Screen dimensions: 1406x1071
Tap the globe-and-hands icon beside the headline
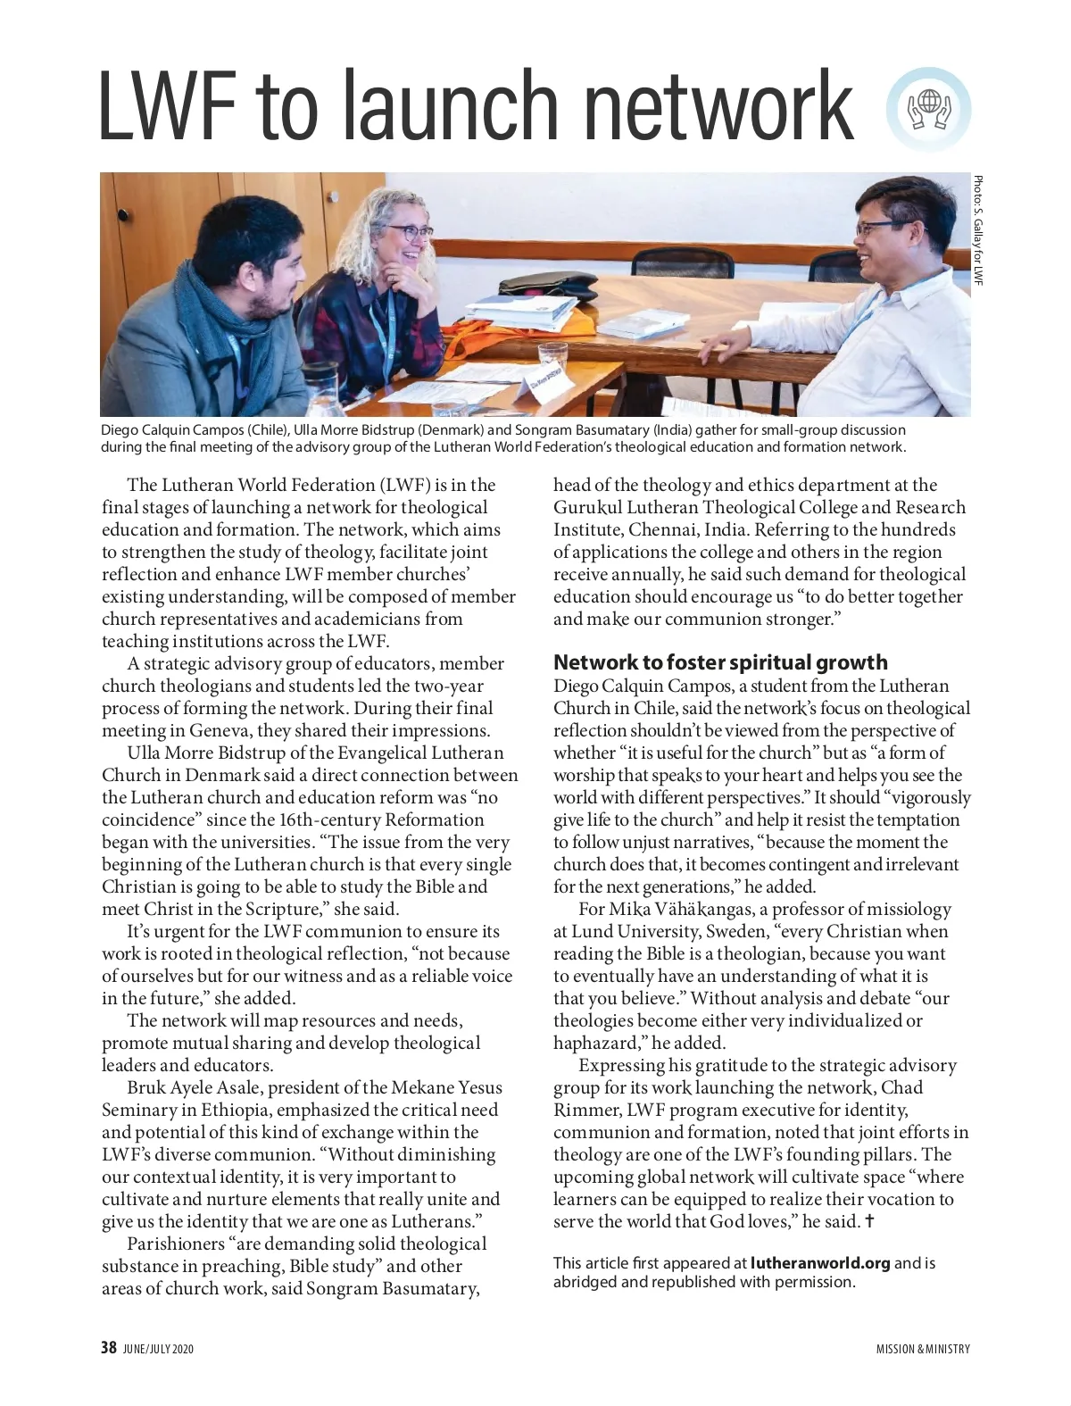[928, 110]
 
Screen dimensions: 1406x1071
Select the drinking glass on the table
[552, 361]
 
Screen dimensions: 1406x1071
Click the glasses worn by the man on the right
[879, 228]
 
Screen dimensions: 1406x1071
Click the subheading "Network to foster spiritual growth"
[720, 662]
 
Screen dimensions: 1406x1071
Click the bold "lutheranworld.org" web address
[820, 1263]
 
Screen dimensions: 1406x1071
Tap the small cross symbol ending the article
[870, 1221]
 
